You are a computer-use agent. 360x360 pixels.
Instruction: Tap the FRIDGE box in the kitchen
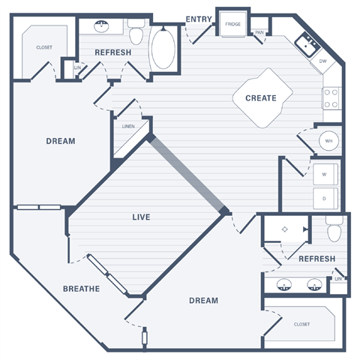click(232, 25)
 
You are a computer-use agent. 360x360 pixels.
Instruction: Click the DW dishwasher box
click(322, 61)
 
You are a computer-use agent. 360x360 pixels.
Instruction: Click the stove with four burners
click(331, 97)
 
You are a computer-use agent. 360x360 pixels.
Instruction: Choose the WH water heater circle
click(328, 140)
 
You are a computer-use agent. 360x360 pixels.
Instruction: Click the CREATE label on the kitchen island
click(261, 98)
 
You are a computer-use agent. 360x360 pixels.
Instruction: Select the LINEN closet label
click(128, 127)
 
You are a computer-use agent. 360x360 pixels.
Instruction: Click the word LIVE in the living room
click(141, 217)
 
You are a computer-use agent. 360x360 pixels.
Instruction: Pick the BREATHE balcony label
click(81, 289)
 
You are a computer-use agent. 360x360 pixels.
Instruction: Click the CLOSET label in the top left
click(44, 47)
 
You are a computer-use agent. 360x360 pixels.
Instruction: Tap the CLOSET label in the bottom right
click(301, 324)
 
